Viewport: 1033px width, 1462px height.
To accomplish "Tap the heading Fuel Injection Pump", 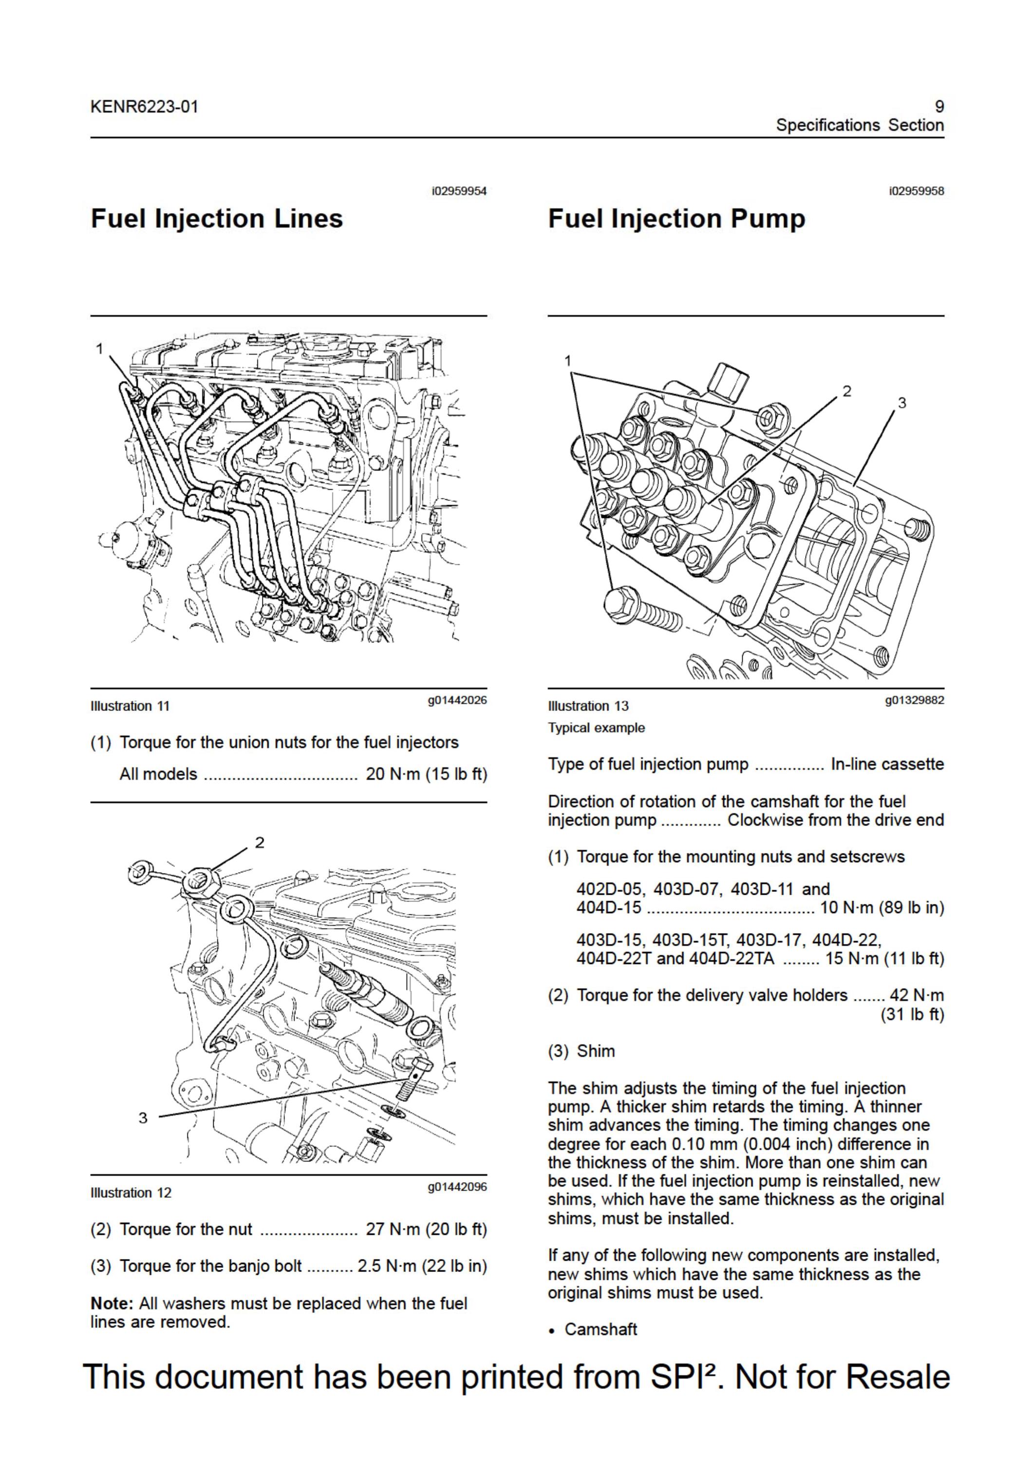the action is tap(676, 218).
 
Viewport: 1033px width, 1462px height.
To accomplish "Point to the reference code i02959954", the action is tap(459, 191).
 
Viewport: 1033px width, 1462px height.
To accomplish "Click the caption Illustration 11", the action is tap(131, 706).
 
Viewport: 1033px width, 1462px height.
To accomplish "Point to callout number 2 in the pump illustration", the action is tap(846, 391).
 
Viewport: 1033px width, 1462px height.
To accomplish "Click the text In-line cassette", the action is tap(887, 764).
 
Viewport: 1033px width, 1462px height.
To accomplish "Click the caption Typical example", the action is tap(597, 728).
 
